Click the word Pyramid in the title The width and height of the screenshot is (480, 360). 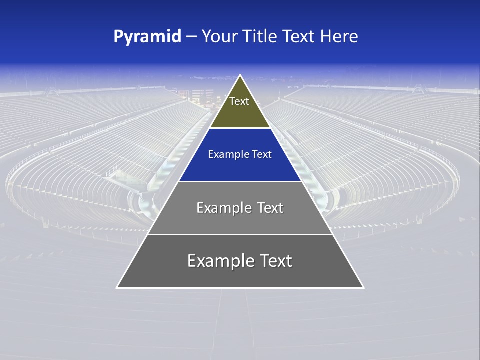147,37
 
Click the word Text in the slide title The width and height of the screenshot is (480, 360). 299,37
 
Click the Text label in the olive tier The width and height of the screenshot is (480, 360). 239,101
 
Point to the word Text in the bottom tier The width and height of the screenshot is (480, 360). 275,261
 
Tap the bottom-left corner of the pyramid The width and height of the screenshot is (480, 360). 117,287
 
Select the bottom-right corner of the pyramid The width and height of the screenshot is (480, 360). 363,287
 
